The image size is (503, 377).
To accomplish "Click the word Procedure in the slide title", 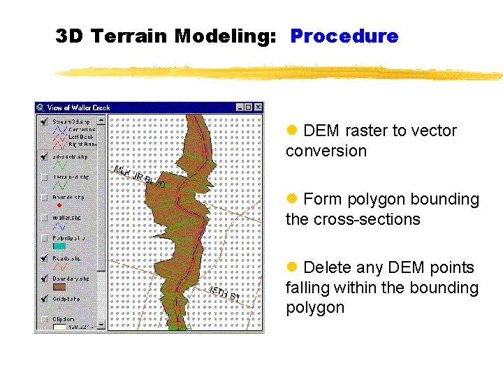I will (344, 36).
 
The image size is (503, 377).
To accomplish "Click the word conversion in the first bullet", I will (326, 151).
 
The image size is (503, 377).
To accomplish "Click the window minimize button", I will (240, 108).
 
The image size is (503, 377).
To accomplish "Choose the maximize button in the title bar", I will (249, 108).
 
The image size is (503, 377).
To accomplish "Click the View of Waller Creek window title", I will (78, 108).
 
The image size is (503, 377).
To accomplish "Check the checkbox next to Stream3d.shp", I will (43, 121).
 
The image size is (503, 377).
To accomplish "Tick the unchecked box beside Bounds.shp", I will (43, 198).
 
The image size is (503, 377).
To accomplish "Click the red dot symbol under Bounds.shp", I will (59, 206).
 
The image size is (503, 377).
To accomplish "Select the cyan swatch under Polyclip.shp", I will (59, 246).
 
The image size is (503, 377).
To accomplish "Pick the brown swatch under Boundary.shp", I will (59, 286).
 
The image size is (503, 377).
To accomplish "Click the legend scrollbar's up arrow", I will (101, 119).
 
